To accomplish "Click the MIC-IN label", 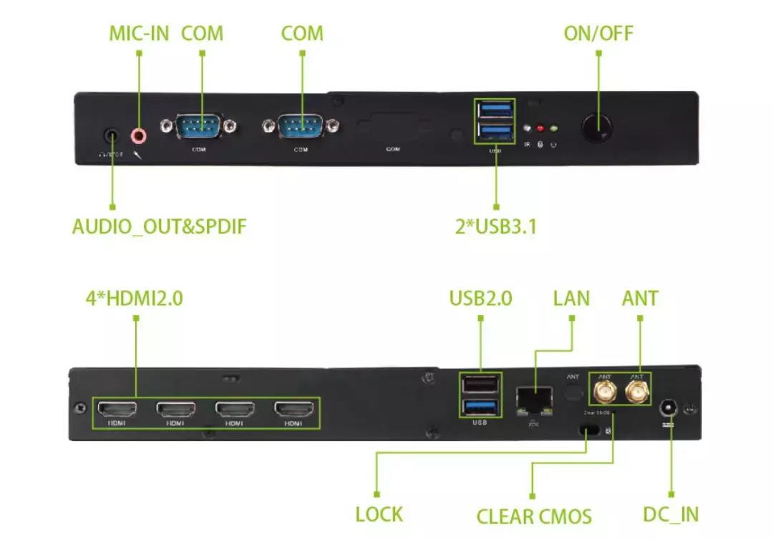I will click(x=139, y=34).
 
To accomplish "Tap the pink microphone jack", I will click(x=139, y=135).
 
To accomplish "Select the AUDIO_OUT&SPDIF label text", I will click(x=159, y=227).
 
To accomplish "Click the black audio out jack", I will click(x=112, y=134).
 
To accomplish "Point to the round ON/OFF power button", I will click(x=597, y=127).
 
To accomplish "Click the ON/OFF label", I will click(x=598, y=34).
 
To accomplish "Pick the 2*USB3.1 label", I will click(x=496, y=227).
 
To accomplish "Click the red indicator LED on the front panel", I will click(x=540, y=129).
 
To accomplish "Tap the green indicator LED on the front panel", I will click(x=554, y=129).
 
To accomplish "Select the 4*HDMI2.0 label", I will click(x=134, y=297).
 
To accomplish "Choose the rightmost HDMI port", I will click(x=293, y=410).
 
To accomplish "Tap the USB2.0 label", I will click(x=480, y=297).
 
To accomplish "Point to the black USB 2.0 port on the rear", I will click(x=480, y=386).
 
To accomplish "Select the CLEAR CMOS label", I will click(x=534, y=516).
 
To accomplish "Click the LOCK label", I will click(x=379, y=515).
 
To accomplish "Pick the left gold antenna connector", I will click(x=605, y=392).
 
